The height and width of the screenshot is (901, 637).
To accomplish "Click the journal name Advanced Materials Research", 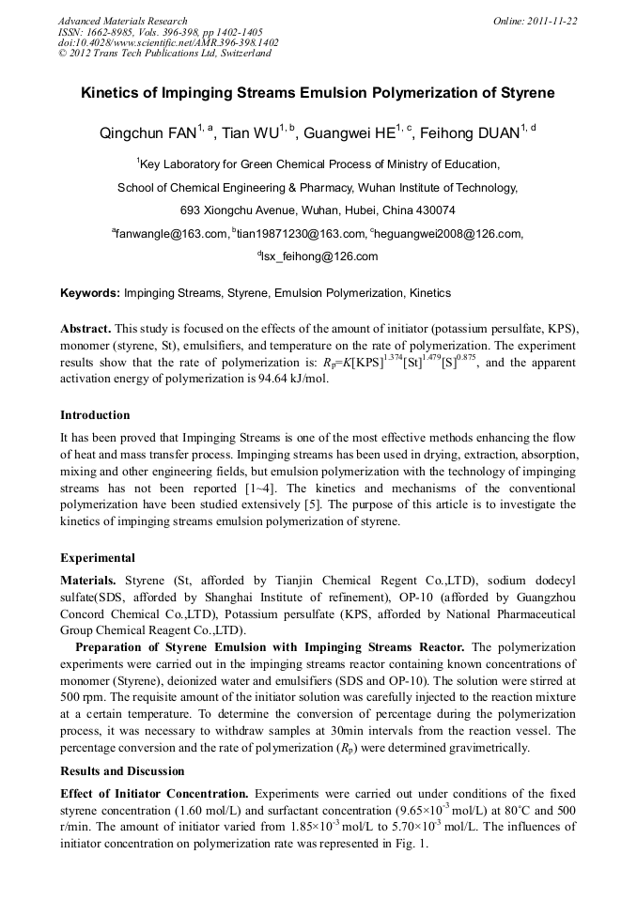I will click(122, 21).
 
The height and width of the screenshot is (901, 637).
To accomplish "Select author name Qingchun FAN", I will click(144, 133).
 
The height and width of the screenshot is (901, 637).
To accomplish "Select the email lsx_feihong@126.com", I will click(319, 256).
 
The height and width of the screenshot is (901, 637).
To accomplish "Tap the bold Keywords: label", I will click(90, 293).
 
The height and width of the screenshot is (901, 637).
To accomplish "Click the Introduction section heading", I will click(95, 414).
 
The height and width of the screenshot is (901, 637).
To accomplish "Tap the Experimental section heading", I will click(98, 557).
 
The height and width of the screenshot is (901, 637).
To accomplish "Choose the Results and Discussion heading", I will click(123, 770).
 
